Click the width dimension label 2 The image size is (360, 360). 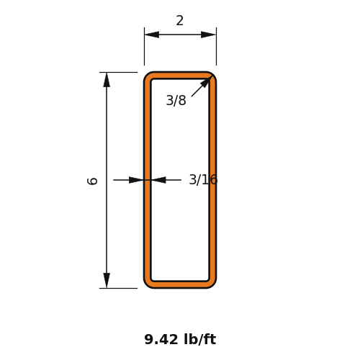[180, 21]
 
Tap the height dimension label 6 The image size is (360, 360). [92, 181]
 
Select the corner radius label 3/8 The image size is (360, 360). [176, 100]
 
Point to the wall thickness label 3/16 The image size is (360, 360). [203, 179]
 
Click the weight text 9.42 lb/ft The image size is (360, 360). [180, 339]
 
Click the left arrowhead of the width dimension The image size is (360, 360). [152, 35]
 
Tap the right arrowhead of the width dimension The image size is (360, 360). [208, 35]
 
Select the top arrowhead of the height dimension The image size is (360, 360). [107, 80]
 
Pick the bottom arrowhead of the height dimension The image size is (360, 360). [107, 280]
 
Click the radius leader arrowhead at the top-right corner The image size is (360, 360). [207, 81]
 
